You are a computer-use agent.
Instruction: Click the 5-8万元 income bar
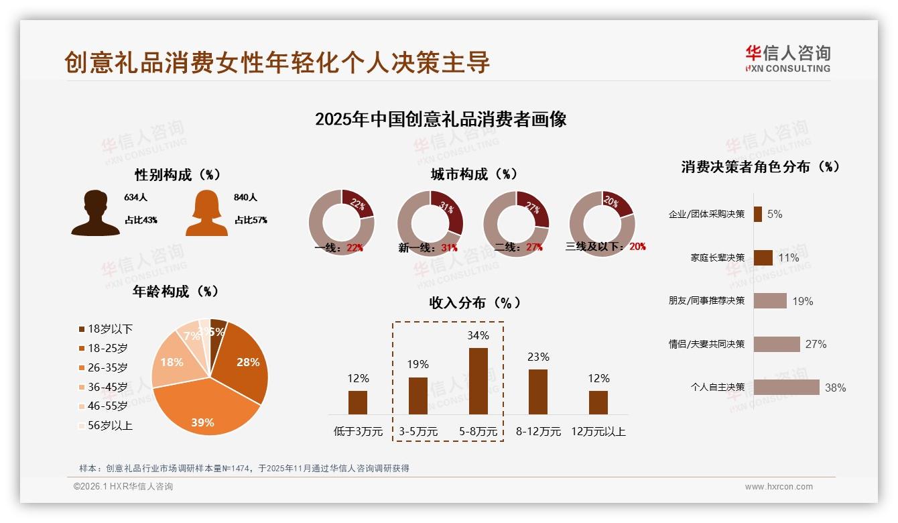pyautogui.click(x=478, y=381)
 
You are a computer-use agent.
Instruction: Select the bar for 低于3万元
pyautogui.click(x=358, y=402)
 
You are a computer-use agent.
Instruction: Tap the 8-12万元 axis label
pyautogui.click(x=538, y=432)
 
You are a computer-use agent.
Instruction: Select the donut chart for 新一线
pyautogui.click(x=430, y=222)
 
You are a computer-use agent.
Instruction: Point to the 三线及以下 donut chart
pyautogui.click(x=602, y=222)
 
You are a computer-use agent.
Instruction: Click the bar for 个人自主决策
pyautogui.click(x=786, y=387)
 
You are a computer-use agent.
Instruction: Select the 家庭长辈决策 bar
pyautogui.click(x=763, y=257)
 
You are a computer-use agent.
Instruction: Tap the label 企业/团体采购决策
pyautogui.click(x=706, y=215)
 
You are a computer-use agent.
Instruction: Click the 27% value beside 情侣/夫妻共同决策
pyautogui.click(x=816, y=344)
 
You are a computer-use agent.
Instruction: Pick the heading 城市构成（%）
pyautogui.click(x=474, y=174)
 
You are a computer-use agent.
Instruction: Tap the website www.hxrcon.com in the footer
pyautogui.click(x=779, y=487)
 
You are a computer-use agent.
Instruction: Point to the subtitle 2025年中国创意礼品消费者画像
pyautogui.click(x=440, y=119)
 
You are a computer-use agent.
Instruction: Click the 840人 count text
pyautogui.click(x=246, y=197)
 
